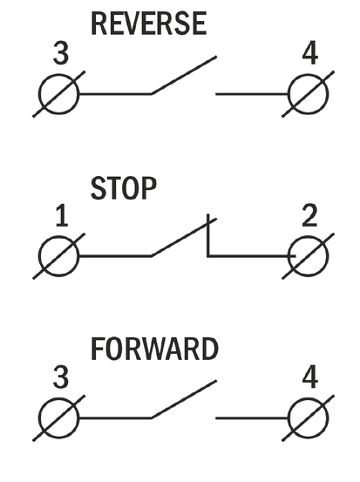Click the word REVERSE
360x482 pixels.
point(149,24)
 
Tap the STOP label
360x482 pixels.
point(124,187)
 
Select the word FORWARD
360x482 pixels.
point(154,349)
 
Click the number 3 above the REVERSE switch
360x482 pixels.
point(61,53)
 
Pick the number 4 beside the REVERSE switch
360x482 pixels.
point(310,53)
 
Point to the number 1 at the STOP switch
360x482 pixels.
point(62,215)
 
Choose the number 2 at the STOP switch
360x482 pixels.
point(309,215)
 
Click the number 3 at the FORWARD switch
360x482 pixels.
point(61,377)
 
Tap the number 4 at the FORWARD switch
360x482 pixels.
point(310,377)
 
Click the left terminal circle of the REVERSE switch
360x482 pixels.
point(59,74)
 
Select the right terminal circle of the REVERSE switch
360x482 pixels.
point(309,74)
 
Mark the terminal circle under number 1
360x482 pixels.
point(59,237)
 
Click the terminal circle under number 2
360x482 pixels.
point(309,237)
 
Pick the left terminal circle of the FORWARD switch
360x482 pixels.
point(59,398)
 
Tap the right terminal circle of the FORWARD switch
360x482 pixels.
point(309,398)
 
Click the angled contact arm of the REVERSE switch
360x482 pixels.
point(184,75)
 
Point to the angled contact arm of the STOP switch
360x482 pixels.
point(184,237)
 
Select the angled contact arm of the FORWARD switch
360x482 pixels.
point(184,399)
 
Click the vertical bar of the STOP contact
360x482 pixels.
point(208,234)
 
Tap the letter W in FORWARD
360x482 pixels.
point(153,349)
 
